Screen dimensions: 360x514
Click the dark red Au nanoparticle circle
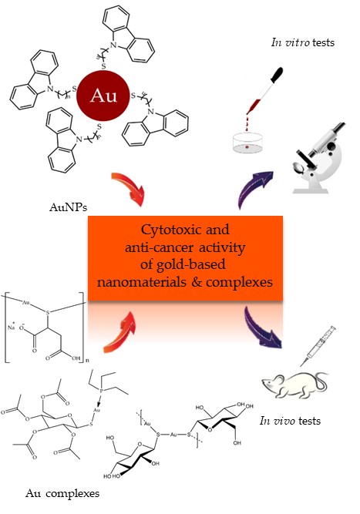(103, 96)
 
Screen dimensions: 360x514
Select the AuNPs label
(69, 207)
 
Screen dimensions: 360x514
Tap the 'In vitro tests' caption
(303, 42)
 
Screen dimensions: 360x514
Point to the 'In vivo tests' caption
(290, 421)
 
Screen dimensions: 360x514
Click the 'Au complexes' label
(62, 493)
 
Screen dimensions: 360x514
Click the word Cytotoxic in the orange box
(167, 230)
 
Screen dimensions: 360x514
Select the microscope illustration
(318, 158)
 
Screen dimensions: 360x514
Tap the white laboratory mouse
(294, 385)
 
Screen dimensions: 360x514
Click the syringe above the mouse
(318, 346)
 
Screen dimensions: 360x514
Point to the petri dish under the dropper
(247, 143)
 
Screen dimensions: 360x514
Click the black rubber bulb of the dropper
(277, 76)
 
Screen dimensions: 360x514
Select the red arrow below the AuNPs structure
(130, 188)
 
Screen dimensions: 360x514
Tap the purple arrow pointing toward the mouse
(261, 328)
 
